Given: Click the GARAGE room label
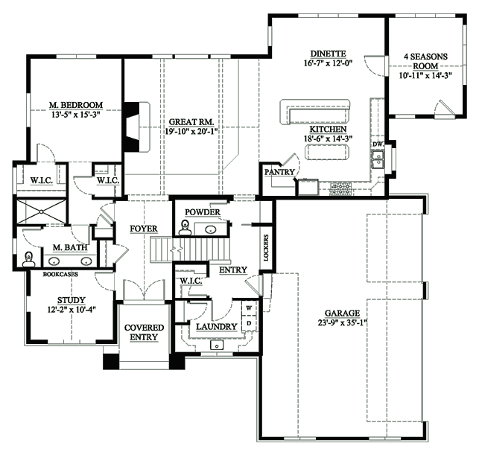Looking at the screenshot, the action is (x=342, y=313).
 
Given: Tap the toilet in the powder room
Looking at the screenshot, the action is (x=185, y=228).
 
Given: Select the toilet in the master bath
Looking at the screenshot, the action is (x=29, y=259).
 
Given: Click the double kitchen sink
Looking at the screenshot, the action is (x=378, y=159).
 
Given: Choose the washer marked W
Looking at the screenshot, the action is (x=249, y=308).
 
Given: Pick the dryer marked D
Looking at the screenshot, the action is (x=249, y=323).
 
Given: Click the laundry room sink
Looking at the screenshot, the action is (x=217, y=345).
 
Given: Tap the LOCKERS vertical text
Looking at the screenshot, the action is (x=266, y=248).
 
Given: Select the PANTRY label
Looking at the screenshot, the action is (x=279, y=172).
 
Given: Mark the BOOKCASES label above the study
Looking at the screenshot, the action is (x=60, y=274).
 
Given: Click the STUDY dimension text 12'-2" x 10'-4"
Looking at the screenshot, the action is (x=72, y=310).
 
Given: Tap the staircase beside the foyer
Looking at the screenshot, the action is (x=190, y=249).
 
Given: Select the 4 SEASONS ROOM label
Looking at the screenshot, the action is (x=426, y=61).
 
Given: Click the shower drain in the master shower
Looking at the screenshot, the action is (x=41, y=211).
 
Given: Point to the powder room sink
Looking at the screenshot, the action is (x=211, y=229).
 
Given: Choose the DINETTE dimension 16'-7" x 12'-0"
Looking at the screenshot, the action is (x=328, y=63).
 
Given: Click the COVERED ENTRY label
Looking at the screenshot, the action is (x=144, y=332).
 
